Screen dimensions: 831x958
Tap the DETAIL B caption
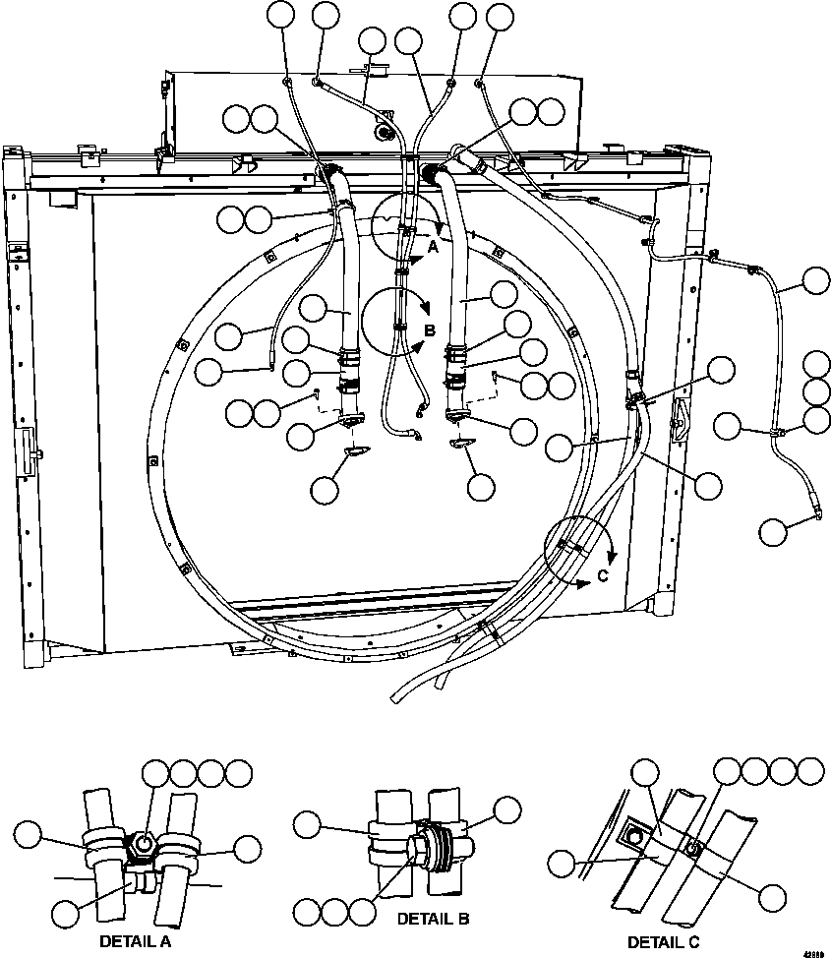click(433, 919)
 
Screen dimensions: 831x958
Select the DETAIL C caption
click(663, 942)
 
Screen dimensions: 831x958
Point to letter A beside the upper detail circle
click(432, 249)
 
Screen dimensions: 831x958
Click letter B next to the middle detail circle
click(429, 329)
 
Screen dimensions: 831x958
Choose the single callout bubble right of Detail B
click(507, 811)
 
